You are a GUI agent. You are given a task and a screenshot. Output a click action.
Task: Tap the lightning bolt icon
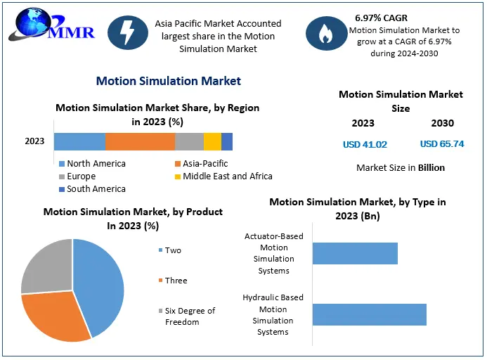pos(129,34)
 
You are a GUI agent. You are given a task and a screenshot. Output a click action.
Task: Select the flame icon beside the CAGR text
pos(325,34)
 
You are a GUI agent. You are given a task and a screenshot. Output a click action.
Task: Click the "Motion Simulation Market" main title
pos(168,81)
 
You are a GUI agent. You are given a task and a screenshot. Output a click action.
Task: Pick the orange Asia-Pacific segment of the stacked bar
pos(140,141)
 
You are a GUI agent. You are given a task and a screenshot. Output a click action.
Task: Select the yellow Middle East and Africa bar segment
pos(212,141)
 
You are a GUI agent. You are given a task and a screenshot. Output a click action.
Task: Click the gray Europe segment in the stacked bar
pos(189,141)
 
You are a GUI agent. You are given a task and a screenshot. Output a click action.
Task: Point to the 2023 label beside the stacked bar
pos(34,141)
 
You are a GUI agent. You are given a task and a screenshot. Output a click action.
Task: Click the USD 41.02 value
pos(365,144)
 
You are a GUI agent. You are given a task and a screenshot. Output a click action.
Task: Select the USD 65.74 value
pos(442,144)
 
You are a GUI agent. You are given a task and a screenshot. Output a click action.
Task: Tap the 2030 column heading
pos(442,123)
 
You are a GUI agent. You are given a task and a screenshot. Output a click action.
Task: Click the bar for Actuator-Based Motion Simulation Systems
pos(355,253)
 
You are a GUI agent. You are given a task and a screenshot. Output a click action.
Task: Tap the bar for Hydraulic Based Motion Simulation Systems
pos(369,314)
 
